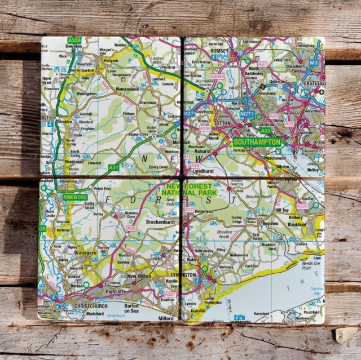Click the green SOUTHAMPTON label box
(x=257, y=143)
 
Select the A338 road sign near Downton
(x=74, y=41)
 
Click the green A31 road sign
(x=114, y=167)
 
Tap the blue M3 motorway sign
(x=314, y=55)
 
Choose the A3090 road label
(x=217, y=76)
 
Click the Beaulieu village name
(x=271, y=224)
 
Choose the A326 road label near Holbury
(x=303, y=206)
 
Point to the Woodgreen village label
(x=86, y=94)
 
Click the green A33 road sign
(x=266, y=130)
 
